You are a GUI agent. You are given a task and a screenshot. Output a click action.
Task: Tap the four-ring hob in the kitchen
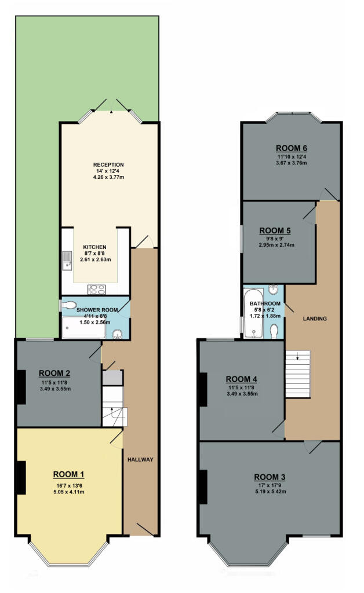pos(96,289)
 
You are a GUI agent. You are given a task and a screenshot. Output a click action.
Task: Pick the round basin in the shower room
pos(118,333)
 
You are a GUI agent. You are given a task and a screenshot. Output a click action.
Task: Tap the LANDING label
pos(315,319)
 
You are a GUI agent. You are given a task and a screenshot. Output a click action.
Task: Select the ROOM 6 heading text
pos(292,147)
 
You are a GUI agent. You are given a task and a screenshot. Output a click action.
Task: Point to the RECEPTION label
pos(108,164)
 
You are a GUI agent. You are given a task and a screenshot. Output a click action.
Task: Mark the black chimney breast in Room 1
pos(21,477)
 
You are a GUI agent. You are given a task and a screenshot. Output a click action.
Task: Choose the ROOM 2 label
pos(55,374)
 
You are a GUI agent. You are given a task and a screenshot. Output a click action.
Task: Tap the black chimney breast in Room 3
pos(203,486)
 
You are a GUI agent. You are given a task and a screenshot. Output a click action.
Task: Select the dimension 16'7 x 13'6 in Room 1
pos(69,485)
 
